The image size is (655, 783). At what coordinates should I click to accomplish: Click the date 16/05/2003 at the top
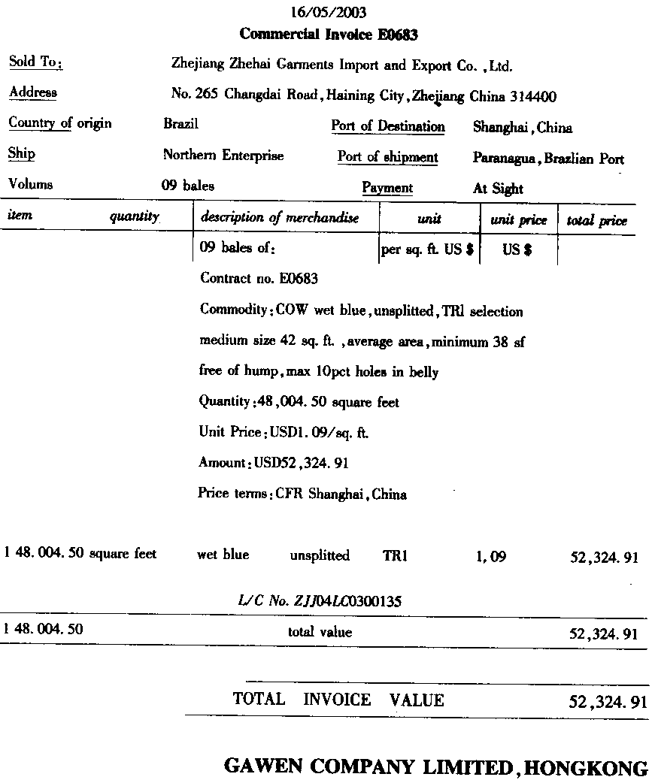(329, 13)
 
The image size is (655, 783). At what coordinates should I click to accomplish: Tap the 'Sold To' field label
(35, 62)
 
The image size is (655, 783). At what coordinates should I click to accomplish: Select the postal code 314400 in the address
(533, 96)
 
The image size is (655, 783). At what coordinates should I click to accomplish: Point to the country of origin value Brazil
(180, 124)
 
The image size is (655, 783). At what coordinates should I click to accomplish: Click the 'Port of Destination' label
(388, 126)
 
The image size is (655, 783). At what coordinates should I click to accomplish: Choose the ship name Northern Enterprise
(223, 156)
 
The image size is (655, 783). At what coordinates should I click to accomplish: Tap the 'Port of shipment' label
(387, 157)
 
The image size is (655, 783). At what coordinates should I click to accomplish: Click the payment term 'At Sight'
(498, 189)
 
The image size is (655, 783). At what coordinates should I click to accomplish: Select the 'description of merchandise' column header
(279, 218)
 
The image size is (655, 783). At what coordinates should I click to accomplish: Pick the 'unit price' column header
(518, 220)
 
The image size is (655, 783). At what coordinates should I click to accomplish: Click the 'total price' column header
(596, 221)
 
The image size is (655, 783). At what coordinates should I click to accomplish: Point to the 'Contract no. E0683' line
(259, 279)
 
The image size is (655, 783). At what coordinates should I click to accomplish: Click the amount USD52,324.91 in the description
(301, 463)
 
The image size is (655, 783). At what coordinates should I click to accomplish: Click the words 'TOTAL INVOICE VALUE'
(338, 700)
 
